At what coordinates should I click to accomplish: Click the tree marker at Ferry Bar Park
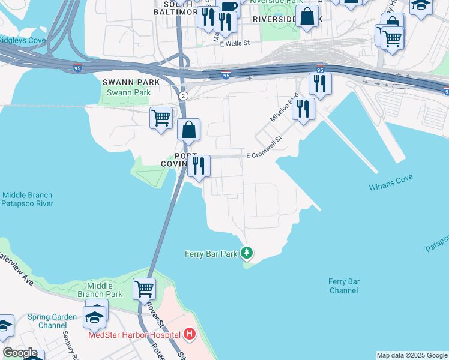pyautogui.click(x=247, y=253)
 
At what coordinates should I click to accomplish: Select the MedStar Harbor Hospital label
pyautogui.click(x=134, y=335)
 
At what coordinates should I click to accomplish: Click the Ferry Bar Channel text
pyautogui.click(x=344, y=286)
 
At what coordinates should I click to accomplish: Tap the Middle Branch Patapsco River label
pyautogui.click(x=27, y=199)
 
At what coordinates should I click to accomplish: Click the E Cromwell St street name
pyautogui.click(x=264, y=155)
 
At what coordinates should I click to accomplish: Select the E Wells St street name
pyautogui.click(x=235, y=44)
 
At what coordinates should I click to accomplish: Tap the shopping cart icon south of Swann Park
pyautogui.click(x=161, y=118)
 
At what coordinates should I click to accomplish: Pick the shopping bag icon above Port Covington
pyautogui.click(x=188, y=129)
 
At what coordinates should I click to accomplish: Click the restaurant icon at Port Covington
pyautogui.click(x=199, y=165)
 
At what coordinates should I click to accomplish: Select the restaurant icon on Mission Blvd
pyautogui.click(x=303, y=109)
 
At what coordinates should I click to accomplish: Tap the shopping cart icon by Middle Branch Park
pyautogui.click(x=144, y=289)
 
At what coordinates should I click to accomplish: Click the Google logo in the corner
pyautogui.click(x=20, y=353)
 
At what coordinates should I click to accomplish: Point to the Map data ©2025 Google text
pyautogui.click(x=412, y=355)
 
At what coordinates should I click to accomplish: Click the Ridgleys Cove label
pyautogui.click(x=22, y=40)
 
